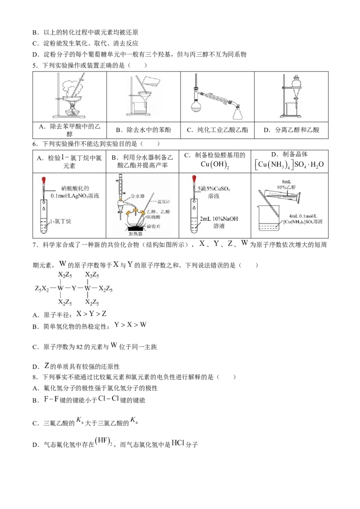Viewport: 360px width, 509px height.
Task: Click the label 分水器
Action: point(137,196)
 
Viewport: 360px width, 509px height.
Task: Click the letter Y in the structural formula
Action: point(74,288)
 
